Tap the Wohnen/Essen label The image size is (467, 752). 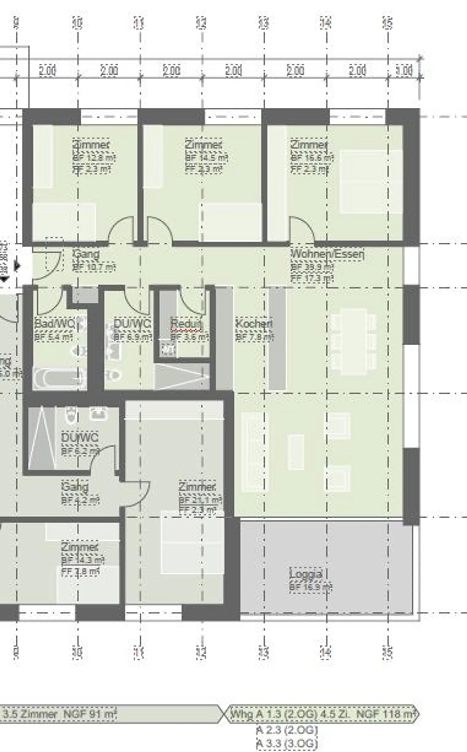pos(327,254)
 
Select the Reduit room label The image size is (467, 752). pos(186,324)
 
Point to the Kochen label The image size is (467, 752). pos(254,324)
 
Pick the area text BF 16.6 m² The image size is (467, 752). pos(312,158)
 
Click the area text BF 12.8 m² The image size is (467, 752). pos(94,158)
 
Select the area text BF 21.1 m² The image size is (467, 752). pos(200,500)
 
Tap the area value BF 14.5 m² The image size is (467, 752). pos(206,158)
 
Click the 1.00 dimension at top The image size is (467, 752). pos(404,71)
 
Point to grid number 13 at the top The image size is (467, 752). pos(264,23)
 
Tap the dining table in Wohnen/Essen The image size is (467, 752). pos(353,341)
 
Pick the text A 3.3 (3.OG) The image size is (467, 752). pos(287,743)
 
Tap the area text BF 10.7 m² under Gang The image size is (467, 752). pos(94,267)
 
